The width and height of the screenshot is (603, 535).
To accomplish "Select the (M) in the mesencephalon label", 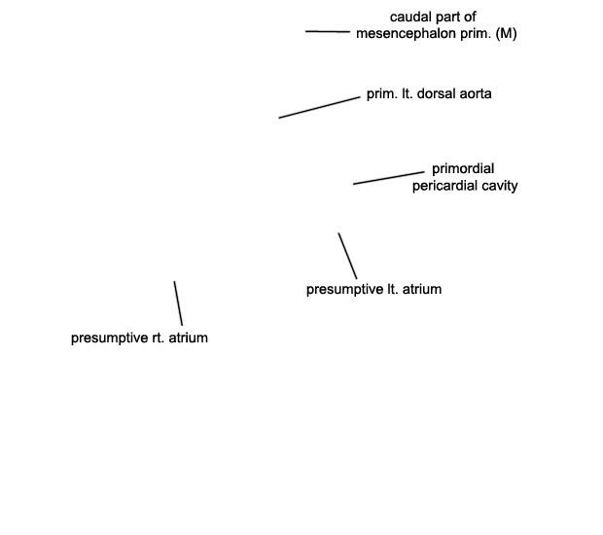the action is click(506, 33).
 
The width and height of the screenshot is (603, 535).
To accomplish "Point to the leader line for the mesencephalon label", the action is click(328, 31).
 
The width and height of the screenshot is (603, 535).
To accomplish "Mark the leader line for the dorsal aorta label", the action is click(320, 108).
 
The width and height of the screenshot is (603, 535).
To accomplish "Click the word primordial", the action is click(463, 169).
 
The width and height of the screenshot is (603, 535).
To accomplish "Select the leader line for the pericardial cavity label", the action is click(389, 178).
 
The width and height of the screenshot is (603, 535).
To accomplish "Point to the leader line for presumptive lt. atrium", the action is click(347, 256).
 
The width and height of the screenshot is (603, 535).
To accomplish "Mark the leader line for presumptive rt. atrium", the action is click(178, 303).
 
